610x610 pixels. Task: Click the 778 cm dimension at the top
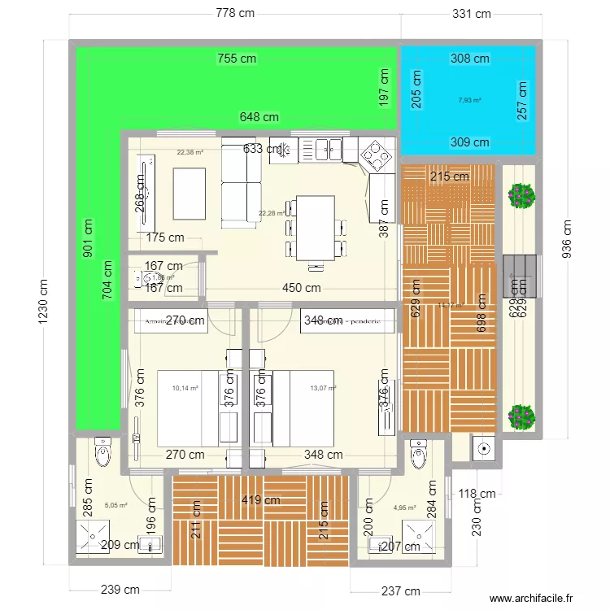coord(235,13)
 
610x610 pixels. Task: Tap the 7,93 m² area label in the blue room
coord(469,101)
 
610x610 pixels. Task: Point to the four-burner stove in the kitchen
coord(377,154)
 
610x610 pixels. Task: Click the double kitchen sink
coord(329,148)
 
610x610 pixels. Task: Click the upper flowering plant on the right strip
coord(521,195)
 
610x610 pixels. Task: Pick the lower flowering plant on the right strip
coord(521,416)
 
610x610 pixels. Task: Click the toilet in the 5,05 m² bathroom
coord(102,453)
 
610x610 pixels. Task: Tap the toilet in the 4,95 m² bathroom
coord(418,455)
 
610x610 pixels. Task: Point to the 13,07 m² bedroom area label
coord(323,389)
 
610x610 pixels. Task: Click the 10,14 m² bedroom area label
coord(185,389)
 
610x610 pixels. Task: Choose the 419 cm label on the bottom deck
coord(260,500)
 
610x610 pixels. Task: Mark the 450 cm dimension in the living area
coord(302,288)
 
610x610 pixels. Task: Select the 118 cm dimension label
coord(477,494)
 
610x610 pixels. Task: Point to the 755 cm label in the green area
coord(237,58)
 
